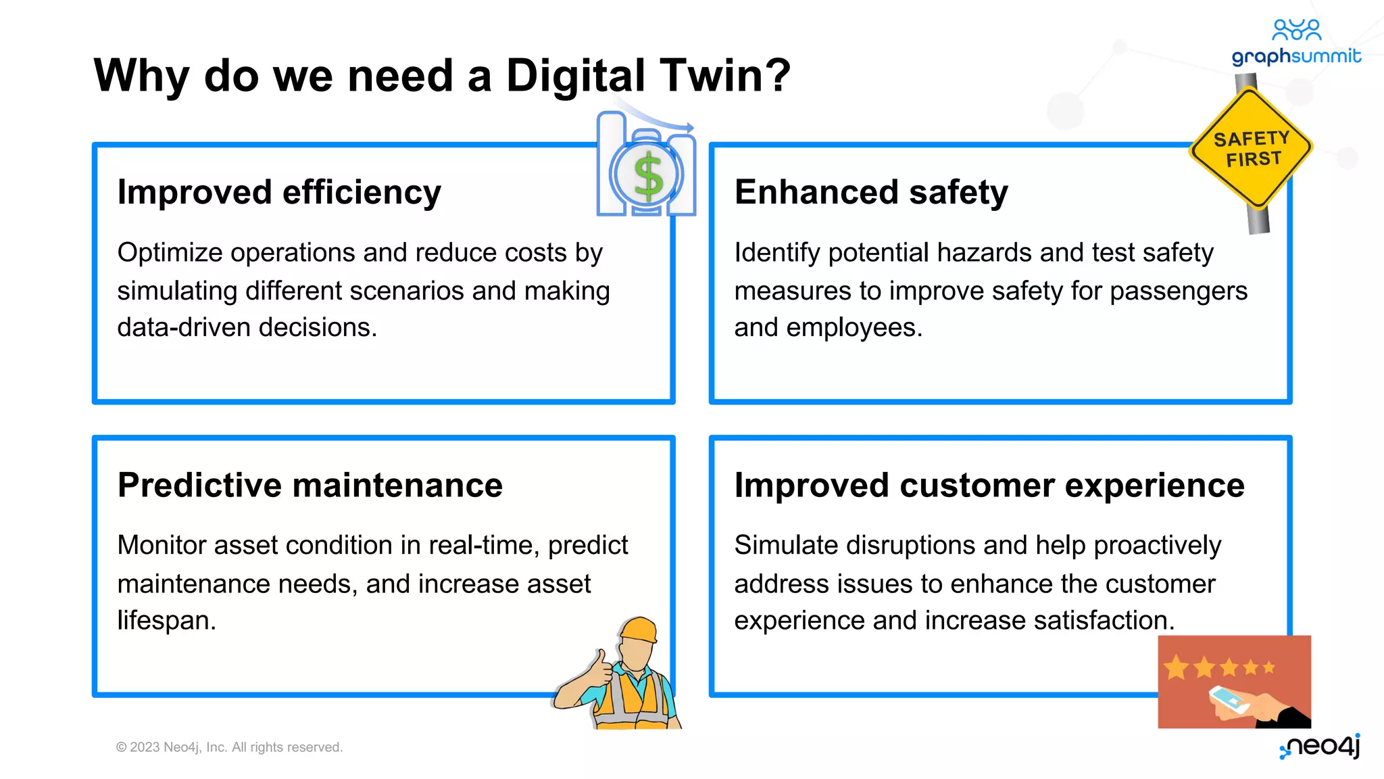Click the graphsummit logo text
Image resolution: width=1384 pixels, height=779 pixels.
click(x=1295, y=55)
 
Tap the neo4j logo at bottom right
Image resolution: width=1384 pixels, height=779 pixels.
click(x=1321, y=746)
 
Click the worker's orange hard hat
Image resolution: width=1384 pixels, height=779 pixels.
click(x=639, y=630)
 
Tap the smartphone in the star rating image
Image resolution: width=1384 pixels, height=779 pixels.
click(x=1229, y=700)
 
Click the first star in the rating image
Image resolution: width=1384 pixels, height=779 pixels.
click(x=1177, y=667)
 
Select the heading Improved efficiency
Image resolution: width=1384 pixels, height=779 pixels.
click(x=279, y=192)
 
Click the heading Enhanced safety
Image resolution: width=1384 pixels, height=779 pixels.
click(x=871, y=192)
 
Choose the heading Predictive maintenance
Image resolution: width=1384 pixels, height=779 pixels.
click(x=310, y=485)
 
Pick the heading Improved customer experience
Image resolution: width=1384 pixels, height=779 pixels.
click(x=989, y=485)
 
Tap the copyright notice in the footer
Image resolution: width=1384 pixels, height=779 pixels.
click(x=230, y=747)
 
